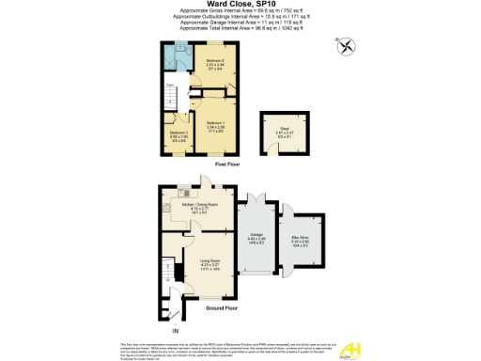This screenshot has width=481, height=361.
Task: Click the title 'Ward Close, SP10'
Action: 240,5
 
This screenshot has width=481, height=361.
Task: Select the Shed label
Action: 283,133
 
